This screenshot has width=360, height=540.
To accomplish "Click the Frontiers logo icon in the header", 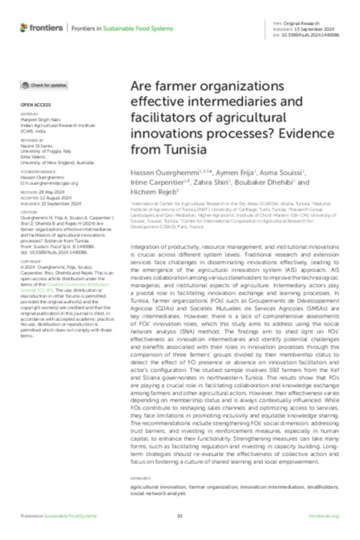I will (x=24, y=28).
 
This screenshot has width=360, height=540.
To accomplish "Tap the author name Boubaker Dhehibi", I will (x=268, y=183).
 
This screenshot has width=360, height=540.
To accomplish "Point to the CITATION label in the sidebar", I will (x=28, y=211).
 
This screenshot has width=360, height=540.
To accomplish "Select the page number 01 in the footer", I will (x=179, y=516).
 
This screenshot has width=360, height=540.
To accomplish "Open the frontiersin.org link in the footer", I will (x=324, y=516).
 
